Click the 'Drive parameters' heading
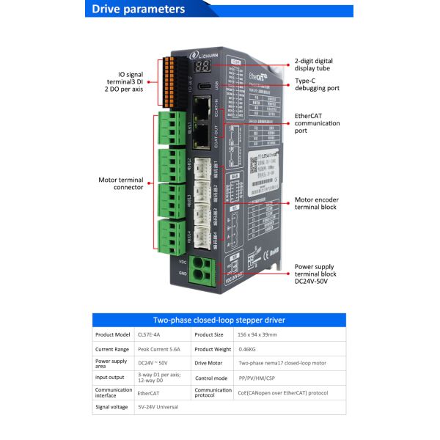138,10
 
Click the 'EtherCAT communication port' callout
317,123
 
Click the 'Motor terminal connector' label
120,184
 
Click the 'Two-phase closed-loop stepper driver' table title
219,320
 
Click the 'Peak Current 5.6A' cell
160,349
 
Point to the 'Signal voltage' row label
112,406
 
